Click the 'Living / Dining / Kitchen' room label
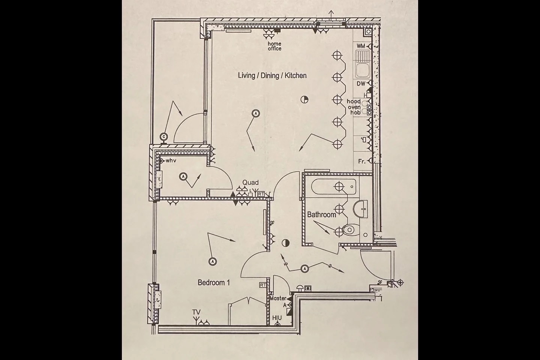pos(272,75)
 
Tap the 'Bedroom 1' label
pos(214,282)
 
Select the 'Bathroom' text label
pos(322,214)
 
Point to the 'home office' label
pos(274,46)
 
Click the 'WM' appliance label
pos(361,46)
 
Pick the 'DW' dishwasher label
pos(361,84)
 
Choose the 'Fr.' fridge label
pos(362,161)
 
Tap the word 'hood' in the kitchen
pos(354,102)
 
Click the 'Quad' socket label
pos(250,182)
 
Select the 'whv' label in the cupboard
pos(171,160)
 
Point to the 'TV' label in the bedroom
pos(196,312)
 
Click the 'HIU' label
pos(277,318)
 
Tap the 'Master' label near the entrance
pos(278,298)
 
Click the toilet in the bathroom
pos(351,229)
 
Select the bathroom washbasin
pos(361,209)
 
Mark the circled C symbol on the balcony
pos(164,137)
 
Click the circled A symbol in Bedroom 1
pos(212,261)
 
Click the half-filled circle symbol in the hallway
pos(286,243)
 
